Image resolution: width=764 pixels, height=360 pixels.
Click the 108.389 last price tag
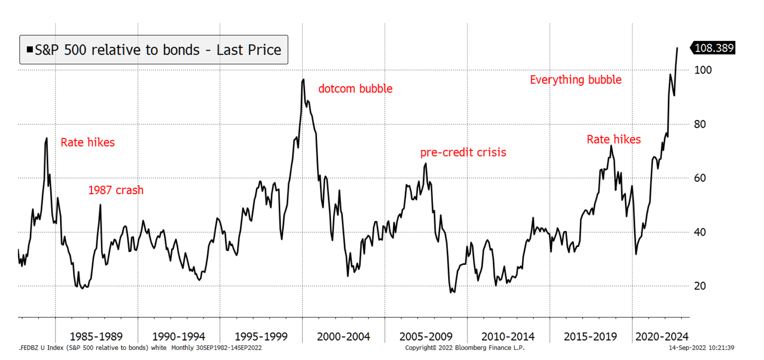[x=714, y=48]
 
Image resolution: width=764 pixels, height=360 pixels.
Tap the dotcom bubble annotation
[x=355, y=89]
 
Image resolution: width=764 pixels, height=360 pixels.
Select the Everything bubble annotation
[x=576, y=80]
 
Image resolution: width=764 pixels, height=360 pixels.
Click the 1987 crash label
[x=116, y=190]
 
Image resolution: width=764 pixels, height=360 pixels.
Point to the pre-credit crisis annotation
[x=463, y=153]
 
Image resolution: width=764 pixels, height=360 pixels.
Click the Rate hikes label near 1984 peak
[x=88, y=142]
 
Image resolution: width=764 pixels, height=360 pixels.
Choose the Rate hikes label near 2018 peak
[x=614, y=139]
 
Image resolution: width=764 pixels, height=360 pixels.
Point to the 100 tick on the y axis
[x=703, y=70]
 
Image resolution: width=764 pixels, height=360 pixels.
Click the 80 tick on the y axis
[x=700, y=124]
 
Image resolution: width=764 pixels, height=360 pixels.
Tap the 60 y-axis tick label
[x=700, y=178]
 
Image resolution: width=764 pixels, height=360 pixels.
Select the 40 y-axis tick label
[x=700, y=232]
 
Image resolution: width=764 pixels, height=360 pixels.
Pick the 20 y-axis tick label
[x=700, y=286]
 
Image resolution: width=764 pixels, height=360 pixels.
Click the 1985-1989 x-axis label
[x=96, y=337]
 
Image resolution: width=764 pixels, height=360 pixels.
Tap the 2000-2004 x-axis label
[x=343, y=337]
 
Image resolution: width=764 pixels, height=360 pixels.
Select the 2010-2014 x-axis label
[x=508, y=337]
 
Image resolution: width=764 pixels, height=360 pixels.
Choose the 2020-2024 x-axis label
[x=661, y=337]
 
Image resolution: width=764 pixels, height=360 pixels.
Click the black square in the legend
[x=30, y=50]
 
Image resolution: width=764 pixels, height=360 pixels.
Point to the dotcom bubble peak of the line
[x=303, y=80]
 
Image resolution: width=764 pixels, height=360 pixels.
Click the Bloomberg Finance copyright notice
[x=464, y=348]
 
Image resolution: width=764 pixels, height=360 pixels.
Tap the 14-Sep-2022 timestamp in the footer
[x=701, y=348]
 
